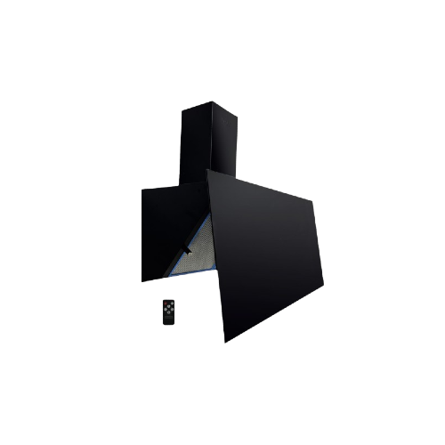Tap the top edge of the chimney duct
(x=208, y=109)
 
